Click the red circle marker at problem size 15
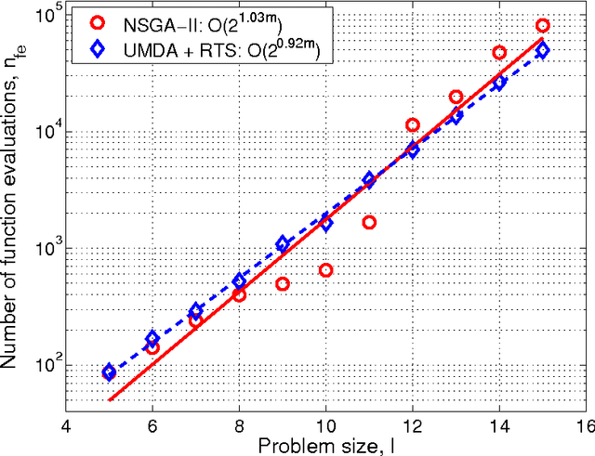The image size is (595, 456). click(543, 25)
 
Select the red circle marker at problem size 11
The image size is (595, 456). click(369, 222)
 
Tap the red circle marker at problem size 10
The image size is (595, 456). click(326, 270)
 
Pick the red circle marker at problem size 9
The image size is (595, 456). click(283, 284)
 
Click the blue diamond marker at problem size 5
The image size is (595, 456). click(109, 371)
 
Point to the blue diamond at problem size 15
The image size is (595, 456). click(543, 50)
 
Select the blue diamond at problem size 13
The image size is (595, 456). click(456, 116)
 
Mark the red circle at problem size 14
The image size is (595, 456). click(499, 53)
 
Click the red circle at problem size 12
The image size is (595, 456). click(413, 124)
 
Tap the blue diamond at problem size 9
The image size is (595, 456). click(283, 243)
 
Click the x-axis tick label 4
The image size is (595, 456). click(65, 419)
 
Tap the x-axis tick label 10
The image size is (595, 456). click(325, 419)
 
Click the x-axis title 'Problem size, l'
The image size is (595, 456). click(325, 443)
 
